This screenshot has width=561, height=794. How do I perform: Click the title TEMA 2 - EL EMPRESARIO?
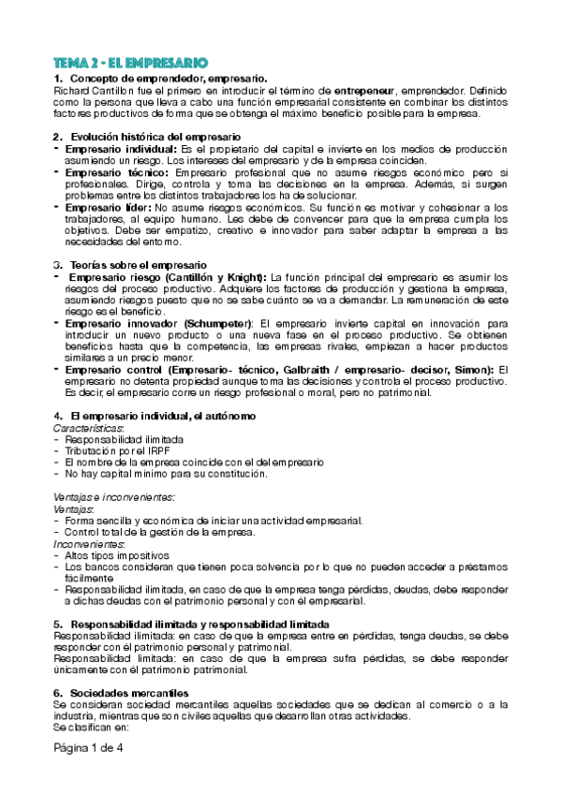[x=130, y=61]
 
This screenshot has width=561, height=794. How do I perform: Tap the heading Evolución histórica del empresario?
[x=155, y=138]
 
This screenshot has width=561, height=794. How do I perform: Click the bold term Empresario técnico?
[x=117, y=172]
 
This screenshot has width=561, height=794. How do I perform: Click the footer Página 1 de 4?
[x=88, y=749]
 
